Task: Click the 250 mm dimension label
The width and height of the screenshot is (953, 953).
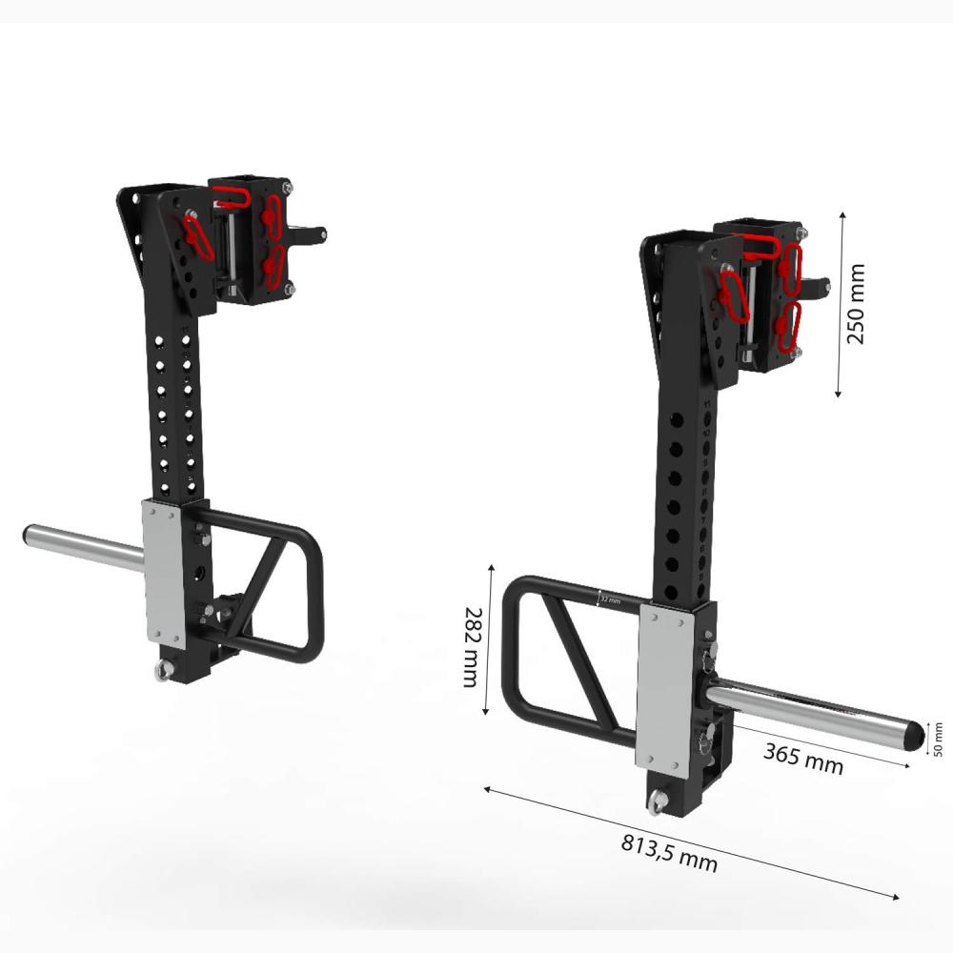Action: [x=857, y=305]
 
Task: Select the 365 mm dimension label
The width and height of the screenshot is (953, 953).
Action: [x=802, y=759]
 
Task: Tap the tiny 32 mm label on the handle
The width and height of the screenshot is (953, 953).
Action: [x=610, y=600]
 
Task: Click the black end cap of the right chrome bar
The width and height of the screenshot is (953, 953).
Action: [x=913, y=735]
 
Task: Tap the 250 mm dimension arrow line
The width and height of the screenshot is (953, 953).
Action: [x=840, y=305]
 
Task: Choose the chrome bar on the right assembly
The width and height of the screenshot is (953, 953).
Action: [x=810, y=710]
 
